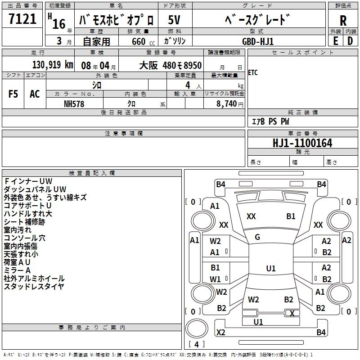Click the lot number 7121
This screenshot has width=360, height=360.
(x=22, y=19)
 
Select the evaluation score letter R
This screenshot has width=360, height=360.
(x=343, y=20)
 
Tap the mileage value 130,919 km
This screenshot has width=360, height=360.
(x=53, y=65)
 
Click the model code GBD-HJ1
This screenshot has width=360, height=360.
(x=258, y=41)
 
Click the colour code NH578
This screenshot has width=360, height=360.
(x=74, y=103)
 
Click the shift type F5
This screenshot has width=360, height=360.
(x=13, y=94)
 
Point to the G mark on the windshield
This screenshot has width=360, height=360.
(x=257, y=237)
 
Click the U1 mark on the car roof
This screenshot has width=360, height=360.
(x=270, y=269)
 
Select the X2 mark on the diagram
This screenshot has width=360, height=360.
(x=220, y=333)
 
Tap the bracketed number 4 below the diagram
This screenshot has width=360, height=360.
(x=196, y=344)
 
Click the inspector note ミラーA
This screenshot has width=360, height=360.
(x=17, y=270)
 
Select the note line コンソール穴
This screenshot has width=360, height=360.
(x=25, y=238)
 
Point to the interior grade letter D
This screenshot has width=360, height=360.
(x=350, y=41)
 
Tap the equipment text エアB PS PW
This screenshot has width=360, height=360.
(x=270, y=121)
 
